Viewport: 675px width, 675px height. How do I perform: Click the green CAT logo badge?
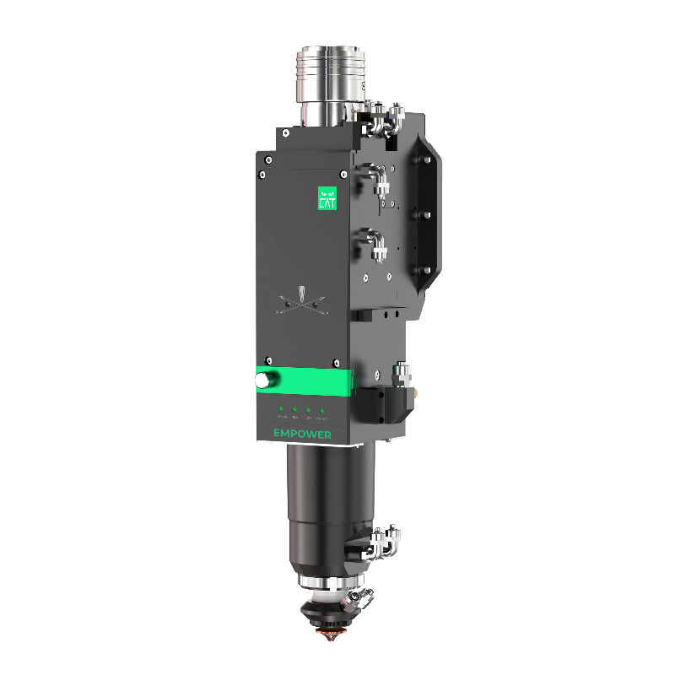coord(327,197)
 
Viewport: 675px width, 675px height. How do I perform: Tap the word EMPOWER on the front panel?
coord(302,435)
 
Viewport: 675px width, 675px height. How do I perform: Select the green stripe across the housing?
coord(304,381)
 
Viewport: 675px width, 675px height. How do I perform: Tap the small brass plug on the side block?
coord(418,394)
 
